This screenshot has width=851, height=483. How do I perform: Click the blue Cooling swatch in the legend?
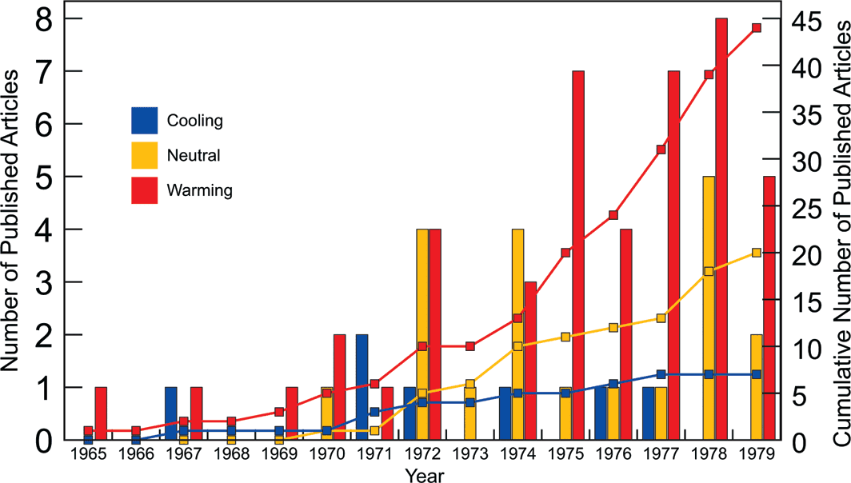click(145, 122)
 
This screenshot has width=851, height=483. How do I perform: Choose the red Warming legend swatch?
click(145, 190)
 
